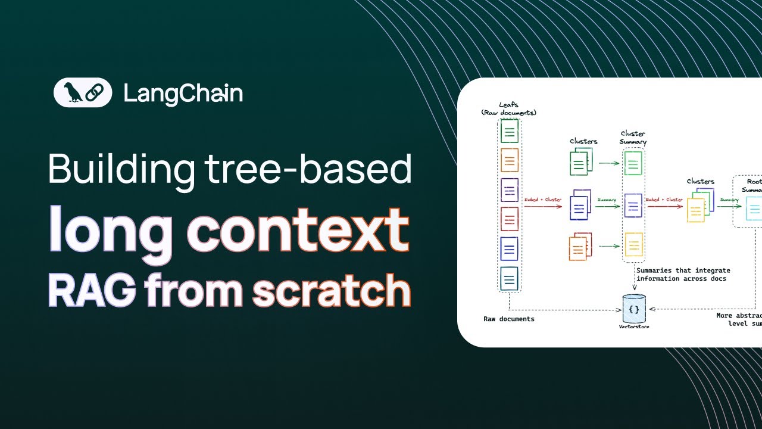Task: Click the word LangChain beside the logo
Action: tap(183, 94)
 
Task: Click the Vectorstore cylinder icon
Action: tap(634, 309)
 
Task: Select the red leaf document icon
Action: tap(509, 219)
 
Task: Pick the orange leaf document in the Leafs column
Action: tap(509, 160)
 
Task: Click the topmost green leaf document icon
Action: tap(509, 131)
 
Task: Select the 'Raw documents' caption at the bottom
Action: tap(508, 319)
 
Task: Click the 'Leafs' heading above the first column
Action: tap(508, 105)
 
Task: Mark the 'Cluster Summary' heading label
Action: tap(633, 138)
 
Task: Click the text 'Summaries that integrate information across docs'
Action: tap(683, 275)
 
